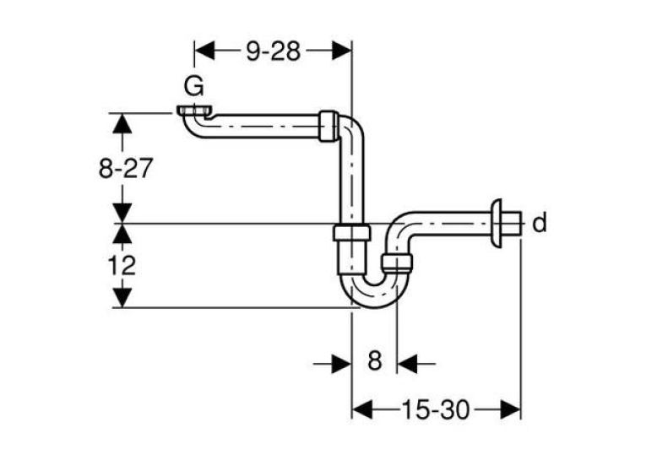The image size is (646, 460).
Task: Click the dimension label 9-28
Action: tap(273, 51)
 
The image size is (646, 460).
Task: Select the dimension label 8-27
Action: tap(126, 168)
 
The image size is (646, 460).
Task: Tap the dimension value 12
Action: tap(122, 266)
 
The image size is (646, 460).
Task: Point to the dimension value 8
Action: tap(374, 360)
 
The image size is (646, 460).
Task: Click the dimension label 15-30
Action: tap(436, 409)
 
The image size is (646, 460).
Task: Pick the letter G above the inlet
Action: tap(193, 87)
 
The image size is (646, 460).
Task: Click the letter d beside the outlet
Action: tap(540, 223)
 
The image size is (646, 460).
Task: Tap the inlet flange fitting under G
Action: tap(195, 111)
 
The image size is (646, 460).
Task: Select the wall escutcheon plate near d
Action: tap(496, 223)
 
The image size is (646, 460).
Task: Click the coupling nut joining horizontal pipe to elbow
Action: tap(328, 126)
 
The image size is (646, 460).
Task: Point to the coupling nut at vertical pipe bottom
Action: tap(352, 233)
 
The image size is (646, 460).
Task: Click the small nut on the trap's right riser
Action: tap(397, 262)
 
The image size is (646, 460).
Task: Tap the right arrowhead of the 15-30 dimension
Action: tap(510, 409)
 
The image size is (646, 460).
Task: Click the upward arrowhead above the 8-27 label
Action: tap(122, 122)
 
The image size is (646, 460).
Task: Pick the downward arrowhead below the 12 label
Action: tap(122, 298)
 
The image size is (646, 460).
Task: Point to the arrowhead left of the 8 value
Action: tap(341, 364)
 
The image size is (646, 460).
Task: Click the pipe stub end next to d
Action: tap(512, 223)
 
